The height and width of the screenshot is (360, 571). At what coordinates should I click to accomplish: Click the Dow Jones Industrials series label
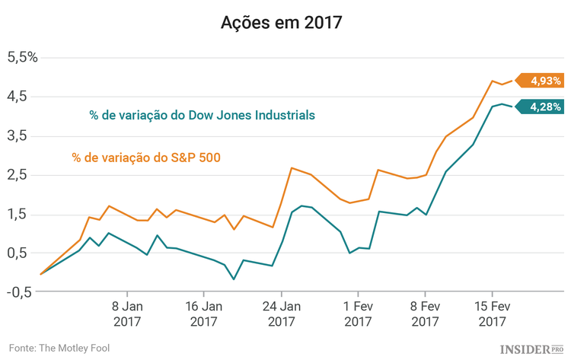(202, 116)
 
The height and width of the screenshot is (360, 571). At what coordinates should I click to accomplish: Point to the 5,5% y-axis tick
(22, 57)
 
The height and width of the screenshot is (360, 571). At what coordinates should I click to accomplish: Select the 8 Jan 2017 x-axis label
(126, 314)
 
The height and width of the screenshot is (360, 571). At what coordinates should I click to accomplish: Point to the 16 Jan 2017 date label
(203, 314)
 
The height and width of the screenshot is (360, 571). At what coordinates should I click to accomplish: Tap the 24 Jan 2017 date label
(281, 314)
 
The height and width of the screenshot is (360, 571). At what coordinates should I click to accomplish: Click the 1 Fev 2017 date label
(358, 314)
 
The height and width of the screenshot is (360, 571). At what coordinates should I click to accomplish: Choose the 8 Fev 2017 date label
(425, 314)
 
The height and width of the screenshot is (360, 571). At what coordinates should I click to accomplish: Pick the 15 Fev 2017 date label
(492, 314)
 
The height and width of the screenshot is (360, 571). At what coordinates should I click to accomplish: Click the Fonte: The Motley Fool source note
(60, 347)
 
